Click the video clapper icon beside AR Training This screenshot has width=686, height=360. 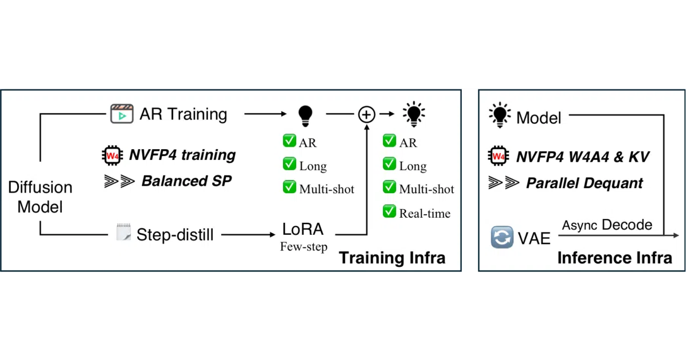pyautogui.click(x=122, y=114)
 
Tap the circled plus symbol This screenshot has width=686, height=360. pyautogui.click(x=366, y=114)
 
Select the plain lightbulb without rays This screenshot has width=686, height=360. pyautogui.click(x=305, y=116)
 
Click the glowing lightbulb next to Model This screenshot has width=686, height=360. pyautogui.click(x=500, y=115)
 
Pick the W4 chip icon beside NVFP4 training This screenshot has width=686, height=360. pyautogui.click(x=113, y=155)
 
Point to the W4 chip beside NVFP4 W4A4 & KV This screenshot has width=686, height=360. pyautogui.click(x=498, y=156)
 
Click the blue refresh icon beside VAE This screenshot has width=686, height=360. pyautogui.click(x=502, y=237)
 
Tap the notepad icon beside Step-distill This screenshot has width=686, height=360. pyautogui.click(x=123, y=232)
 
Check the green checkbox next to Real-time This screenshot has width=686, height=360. pyautogui.click(x=389, y=211)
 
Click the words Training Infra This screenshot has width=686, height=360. pyautogui.click(x=392, y=258)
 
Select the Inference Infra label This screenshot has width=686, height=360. pyautogui.click(x=615, y=258)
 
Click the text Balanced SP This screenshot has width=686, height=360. pyautogui.click(x=186, y=181)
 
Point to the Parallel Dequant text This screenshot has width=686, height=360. pyautogui.click(x=584, y=183)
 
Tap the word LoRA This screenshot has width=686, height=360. pyautogui.click(x=302, y=229)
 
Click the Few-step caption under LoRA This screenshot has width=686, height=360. pyautogui.click(x=304, y=246)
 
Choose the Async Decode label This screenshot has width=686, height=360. pyautogui.click(x=607, y=225)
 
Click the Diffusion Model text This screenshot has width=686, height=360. pyautogui.click(x=40, y=197)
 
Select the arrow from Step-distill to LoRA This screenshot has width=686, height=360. pyautogui.click(x=248, y=235)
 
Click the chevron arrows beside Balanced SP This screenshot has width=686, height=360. pyautogui.click(x=119, y=181)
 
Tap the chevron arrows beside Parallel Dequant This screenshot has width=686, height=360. pyautogui.click(x=504, y=183)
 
